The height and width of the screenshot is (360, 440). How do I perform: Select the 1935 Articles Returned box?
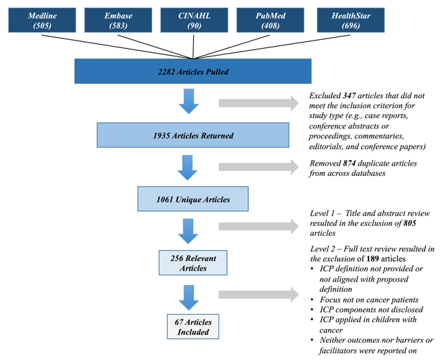pos(193,136)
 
